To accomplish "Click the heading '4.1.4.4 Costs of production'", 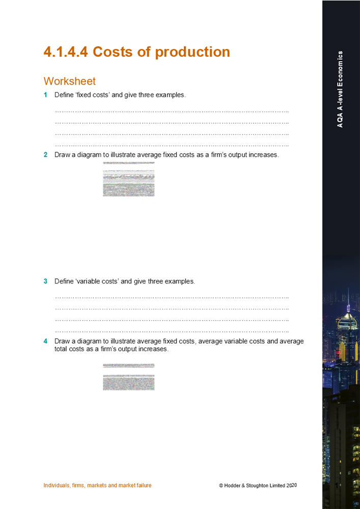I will coord(136,52).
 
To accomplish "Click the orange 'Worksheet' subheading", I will coord(69,81).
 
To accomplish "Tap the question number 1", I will coord(45,95).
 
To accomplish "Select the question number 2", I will coord(45,155).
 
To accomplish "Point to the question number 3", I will coord(45,281).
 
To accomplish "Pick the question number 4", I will coord(45,341).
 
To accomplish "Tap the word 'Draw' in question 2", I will coord(62,155).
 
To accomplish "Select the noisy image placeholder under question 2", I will coord(128,179).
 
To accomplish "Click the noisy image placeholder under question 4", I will coord(128,377).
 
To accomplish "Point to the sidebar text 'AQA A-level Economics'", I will coord(340,89).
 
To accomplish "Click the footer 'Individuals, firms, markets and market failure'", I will coord(97,485).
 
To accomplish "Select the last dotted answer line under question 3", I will coord(172,331).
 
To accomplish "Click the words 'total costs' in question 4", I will coord(71,349).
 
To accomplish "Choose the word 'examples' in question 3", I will coord(179,281).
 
